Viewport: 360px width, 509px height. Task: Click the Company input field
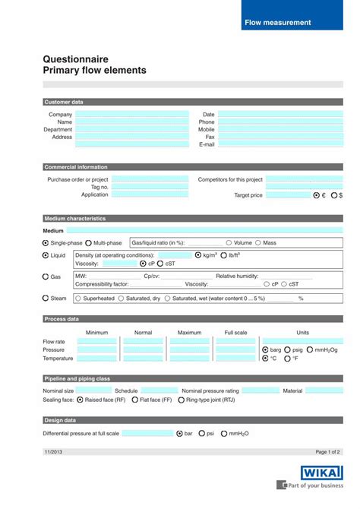(131, 115)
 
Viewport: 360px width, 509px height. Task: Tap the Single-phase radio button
(46, 243)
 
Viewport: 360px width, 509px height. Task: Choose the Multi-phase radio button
(89, 243)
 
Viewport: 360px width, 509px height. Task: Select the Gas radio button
(46, 277)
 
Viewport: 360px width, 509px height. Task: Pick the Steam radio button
(46, 299)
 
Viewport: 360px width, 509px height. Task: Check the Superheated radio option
(77, 299)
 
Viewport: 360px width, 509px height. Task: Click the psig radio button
(288, 349)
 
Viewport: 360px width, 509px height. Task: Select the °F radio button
(288, 358)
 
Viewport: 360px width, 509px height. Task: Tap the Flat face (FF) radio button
(135, 399)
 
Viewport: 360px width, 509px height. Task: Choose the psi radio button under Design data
(202, 433)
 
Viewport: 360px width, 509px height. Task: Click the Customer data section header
(64, 102)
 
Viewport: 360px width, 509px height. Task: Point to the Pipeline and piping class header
(77, 378)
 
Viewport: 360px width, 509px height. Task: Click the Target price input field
(288, 195)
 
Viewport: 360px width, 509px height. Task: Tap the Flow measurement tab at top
(277, 23)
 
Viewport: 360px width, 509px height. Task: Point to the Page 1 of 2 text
(328, 451)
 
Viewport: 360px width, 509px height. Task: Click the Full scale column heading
(235, 333)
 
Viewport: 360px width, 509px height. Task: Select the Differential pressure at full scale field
(147, 433)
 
